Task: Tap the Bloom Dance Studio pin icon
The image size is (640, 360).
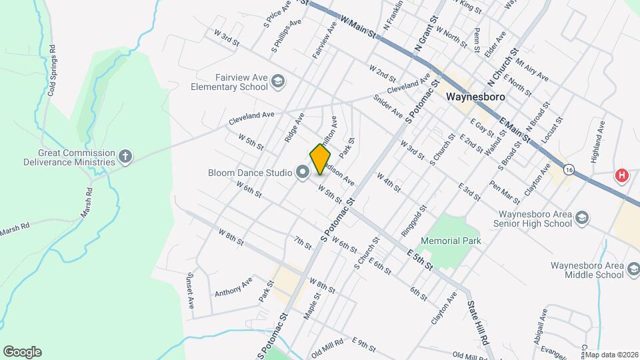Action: tap(302, 173)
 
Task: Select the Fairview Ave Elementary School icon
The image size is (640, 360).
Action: tap(278, 82)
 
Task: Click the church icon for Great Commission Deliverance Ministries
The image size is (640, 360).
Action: tap(125, 157)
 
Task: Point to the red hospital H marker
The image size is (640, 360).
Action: tap(622, 176)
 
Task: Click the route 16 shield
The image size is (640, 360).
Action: tap(568, 170)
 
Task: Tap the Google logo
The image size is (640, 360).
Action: tap(22, 351)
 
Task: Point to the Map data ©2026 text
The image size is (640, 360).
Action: tap(612, 355)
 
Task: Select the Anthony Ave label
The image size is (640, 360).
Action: tap(233, 287)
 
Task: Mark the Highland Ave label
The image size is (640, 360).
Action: tap(601, 137)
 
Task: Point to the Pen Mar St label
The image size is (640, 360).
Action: tap(504, 192)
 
